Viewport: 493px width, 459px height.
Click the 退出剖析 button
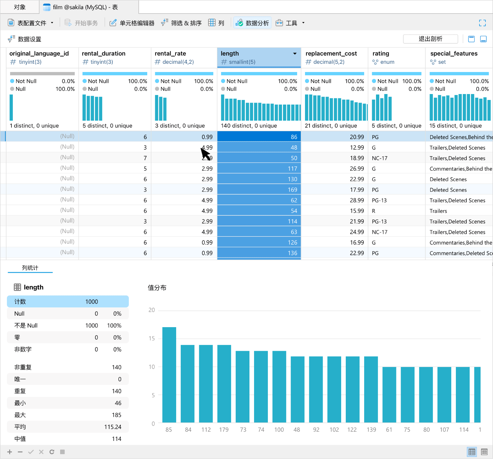pos(430,39)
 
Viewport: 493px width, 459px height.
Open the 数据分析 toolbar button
pos(252,23)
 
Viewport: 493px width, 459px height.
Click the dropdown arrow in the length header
pos(295,54)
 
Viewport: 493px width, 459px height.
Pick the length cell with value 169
pos(259,190)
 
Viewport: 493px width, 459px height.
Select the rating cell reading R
pos(374,211)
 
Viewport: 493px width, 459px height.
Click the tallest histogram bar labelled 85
pos(169,374)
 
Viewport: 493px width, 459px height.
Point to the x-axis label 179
pos(224,430)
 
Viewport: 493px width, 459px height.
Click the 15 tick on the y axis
pos(152,338)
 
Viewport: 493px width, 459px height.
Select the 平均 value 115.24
pos(113,427)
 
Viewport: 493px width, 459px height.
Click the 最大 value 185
pos(116,415)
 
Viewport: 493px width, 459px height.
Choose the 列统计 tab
pos(30,268)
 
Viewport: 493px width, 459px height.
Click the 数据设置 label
pos(29,39)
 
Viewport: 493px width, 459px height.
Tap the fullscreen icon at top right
pos(482,23)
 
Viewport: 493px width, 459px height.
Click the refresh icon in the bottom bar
pos(52,452)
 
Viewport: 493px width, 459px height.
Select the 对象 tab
pos(20,7)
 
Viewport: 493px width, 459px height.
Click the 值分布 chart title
pos(157,288)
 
